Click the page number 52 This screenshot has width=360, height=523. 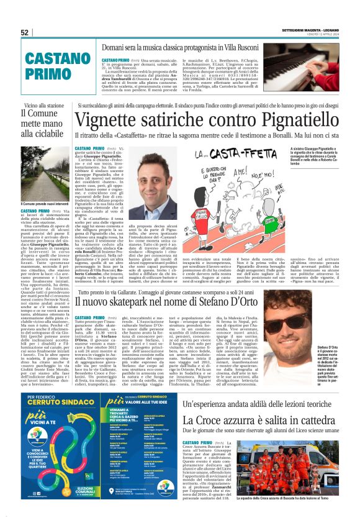(x=24, y=32)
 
